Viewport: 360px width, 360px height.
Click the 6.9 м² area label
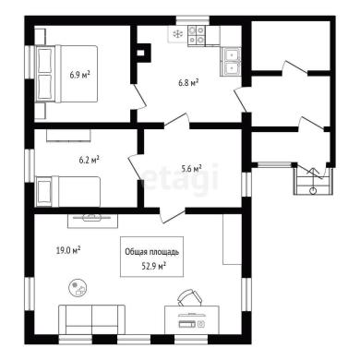pos(79,75)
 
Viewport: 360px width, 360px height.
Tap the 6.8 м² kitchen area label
pos(188,82)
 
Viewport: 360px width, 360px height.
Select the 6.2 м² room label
pos(89,160)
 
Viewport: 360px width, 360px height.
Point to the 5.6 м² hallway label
pos(191,168)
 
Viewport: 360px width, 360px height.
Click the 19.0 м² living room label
pos(68,250)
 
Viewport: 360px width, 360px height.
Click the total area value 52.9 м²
pos(154,266)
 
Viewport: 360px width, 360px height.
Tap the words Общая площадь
pos(152,252)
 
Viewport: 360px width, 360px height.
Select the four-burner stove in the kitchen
pos(197,36)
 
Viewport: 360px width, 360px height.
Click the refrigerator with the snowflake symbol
pos(177,34)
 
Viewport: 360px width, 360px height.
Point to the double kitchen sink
pos(230,62)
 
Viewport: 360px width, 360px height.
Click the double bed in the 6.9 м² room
pos(67,74)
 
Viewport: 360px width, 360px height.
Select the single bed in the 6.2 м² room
pos(68,191)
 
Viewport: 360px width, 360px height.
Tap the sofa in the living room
pos(91,319)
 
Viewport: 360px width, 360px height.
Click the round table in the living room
pos(78,288)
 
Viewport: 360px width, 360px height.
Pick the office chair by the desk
pos(189,297)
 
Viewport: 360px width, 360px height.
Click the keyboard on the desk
pos(187,324)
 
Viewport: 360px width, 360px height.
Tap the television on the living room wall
pos(92,221)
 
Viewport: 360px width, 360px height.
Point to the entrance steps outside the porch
pos(313,181)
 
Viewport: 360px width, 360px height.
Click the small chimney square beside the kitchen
pos(140,53)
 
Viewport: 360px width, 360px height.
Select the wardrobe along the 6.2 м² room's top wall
pos(68,135)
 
